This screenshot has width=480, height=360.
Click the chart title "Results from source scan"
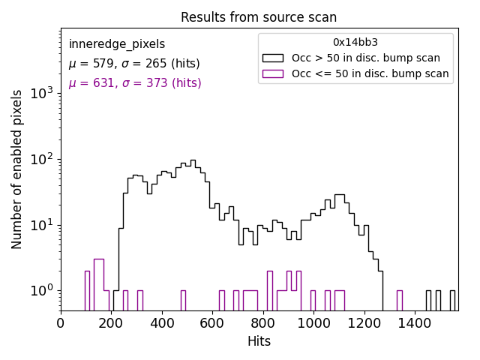[259, 17]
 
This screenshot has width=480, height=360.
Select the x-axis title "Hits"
[259, 341]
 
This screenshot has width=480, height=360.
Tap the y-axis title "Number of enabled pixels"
[17, 169]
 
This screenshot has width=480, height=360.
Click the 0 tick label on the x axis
[61, 324]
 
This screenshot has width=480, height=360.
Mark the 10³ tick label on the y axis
[41, 93]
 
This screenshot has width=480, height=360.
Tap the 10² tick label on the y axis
[41, 159]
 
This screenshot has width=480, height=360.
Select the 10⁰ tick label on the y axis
[41, 290]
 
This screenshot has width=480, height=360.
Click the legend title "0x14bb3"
[355, 43]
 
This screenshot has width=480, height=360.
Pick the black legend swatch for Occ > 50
[272, 58]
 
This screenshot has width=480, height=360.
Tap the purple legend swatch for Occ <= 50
[272, 73]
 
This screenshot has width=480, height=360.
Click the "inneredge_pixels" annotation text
[117, 44]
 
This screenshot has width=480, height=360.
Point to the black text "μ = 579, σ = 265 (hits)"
[134, 64]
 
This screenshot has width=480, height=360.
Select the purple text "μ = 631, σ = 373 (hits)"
[135, 83]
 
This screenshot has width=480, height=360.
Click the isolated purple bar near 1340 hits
[400, 300]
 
